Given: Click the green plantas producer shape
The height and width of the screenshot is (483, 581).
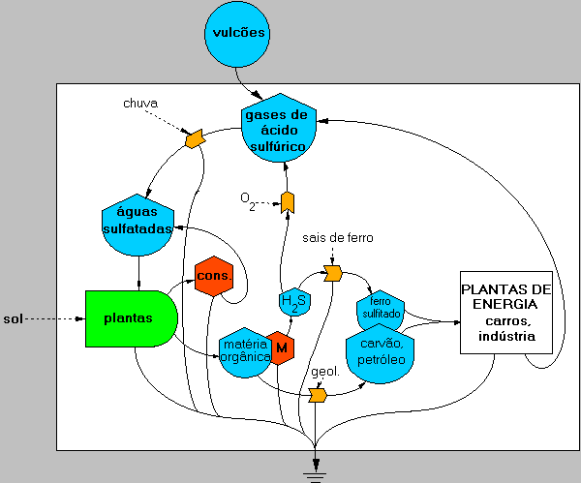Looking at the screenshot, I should (130, 317).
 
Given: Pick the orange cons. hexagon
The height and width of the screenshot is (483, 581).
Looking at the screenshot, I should (214, 278).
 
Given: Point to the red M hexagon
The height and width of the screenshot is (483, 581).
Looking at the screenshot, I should (281, 347).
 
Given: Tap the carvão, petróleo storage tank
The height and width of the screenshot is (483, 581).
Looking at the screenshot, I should (381, 355).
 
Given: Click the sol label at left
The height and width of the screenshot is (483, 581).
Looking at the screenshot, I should (14, 317).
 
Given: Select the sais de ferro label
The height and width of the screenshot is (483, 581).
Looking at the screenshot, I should (338, 237).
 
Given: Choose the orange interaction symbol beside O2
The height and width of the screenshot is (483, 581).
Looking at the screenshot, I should (288, 200).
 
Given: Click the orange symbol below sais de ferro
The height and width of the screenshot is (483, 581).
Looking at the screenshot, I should (333, 274).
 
